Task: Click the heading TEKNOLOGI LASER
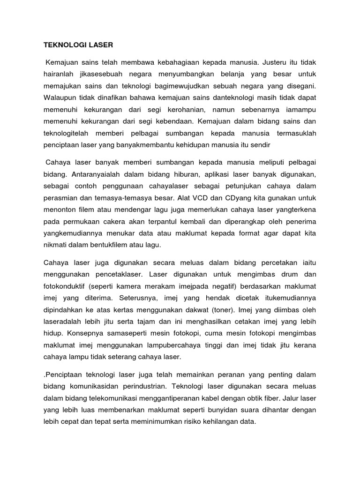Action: (x=78, y=45)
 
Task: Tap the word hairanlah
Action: (x=59, y=74)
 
